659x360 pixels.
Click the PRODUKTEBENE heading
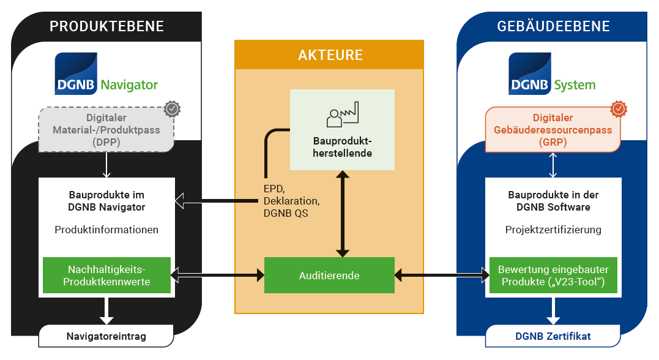click(106, 26)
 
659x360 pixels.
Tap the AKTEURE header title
click(330, 55)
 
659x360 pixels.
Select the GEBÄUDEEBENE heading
click(553, 26)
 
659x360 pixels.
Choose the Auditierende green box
click(329, 276)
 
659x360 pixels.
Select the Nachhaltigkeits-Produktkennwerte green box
click(106, 276)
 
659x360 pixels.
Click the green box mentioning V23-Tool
click(553, 276)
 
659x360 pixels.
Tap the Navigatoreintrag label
click(106, 336)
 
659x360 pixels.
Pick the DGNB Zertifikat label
click(553, 336)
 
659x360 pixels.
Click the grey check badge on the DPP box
click(173, 109)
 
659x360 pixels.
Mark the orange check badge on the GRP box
click(619, 109)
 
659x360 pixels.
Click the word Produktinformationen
click(106, 230)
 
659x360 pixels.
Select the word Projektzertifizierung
click(553, 230)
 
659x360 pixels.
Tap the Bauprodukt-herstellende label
click(342, 148)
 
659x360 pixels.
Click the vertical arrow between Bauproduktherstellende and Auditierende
click(342, 214)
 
